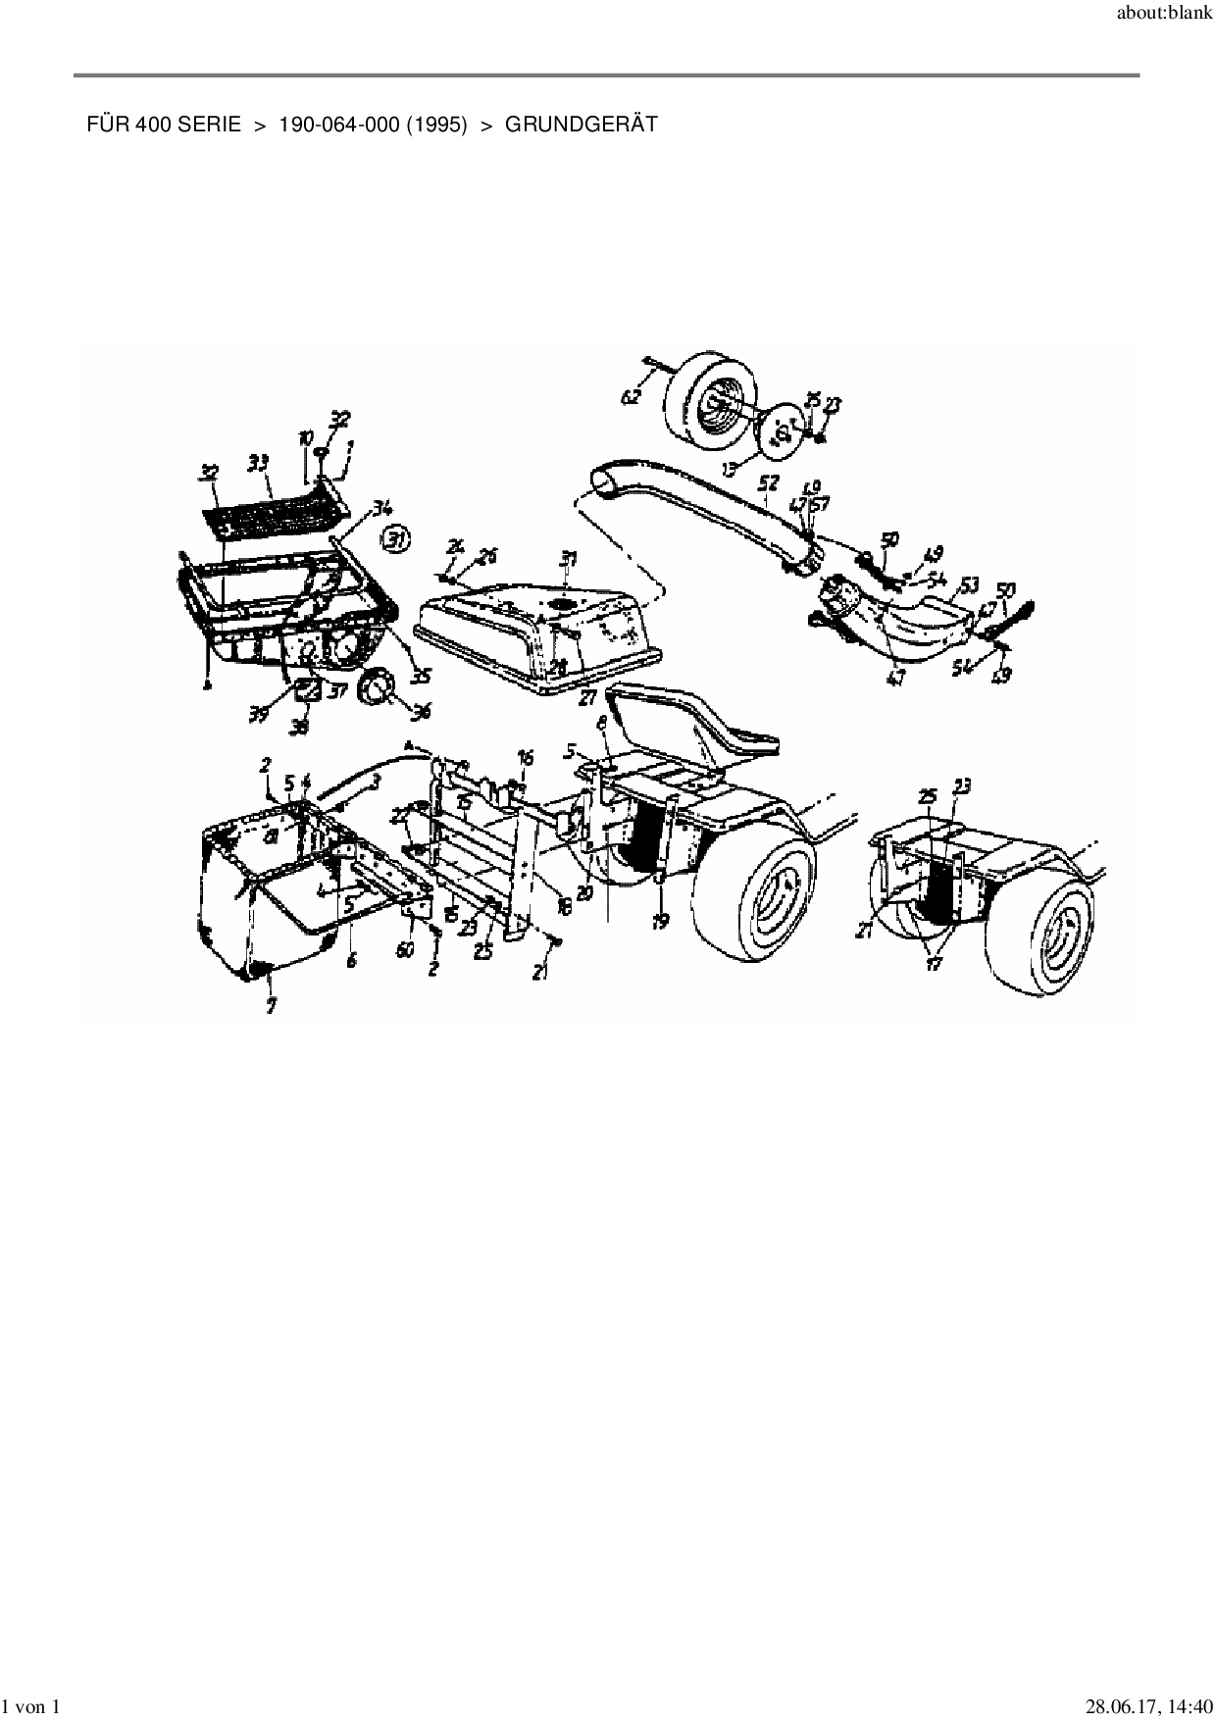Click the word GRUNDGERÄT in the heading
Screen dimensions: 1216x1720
point(581,125)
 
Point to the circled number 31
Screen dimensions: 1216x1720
point(397,538)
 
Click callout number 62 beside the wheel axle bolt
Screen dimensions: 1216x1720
point(631,397)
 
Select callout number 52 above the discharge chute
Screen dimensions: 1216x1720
point(769,483)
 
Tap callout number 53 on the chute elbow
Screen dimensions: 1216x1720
point(969,585)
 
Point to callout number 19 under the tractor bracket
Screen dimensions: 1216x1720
point(660,922)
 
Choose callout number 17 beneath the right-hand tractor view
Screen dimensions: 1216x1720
point(933,965)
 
